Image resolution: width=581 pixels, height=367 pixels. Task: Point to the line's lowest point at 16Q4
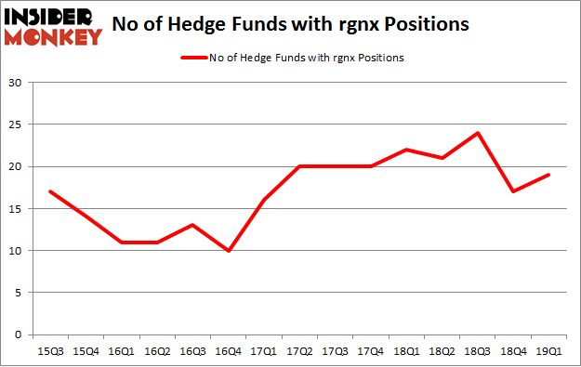tap(228, 250)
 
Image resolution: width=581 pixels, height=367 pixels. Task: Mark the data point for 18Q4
tap(512, 191)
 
